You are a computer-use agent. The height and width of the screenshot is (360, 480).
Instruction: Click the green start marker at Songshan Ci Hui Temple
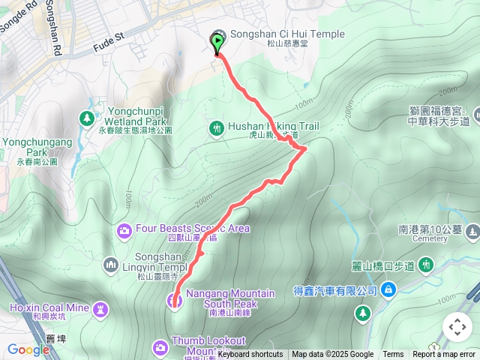click(218, 42)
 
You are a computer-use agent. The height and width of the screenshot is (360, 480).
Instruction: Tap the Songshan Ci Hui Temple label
click(286, 34)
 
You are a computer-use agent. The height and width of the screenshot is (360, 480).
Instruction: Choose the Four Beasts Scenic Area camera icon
click(124, 229)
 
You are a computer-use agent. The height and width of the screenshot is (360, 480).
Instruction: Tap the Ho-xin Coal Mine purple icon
click(100, 308)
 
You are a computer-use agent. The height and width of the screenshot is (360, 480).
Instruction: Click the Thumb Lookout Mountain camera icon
click(160, 346)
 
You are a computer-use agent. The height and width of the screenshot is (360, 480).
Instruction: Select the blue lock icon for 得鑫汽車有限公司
click(388, 289)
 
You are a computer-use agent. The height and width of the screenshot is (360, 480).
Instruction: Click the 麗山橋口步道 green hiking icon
click(425, 265)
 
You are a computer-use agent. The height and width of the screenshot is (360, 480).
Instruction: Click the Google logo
click(28, 349)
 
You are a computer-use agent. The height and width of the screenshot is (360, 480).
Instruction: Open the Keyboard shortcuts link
click(250, 355)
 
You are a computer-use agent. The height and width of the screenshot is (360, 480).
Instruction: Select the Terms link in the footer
click(393, 355)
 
